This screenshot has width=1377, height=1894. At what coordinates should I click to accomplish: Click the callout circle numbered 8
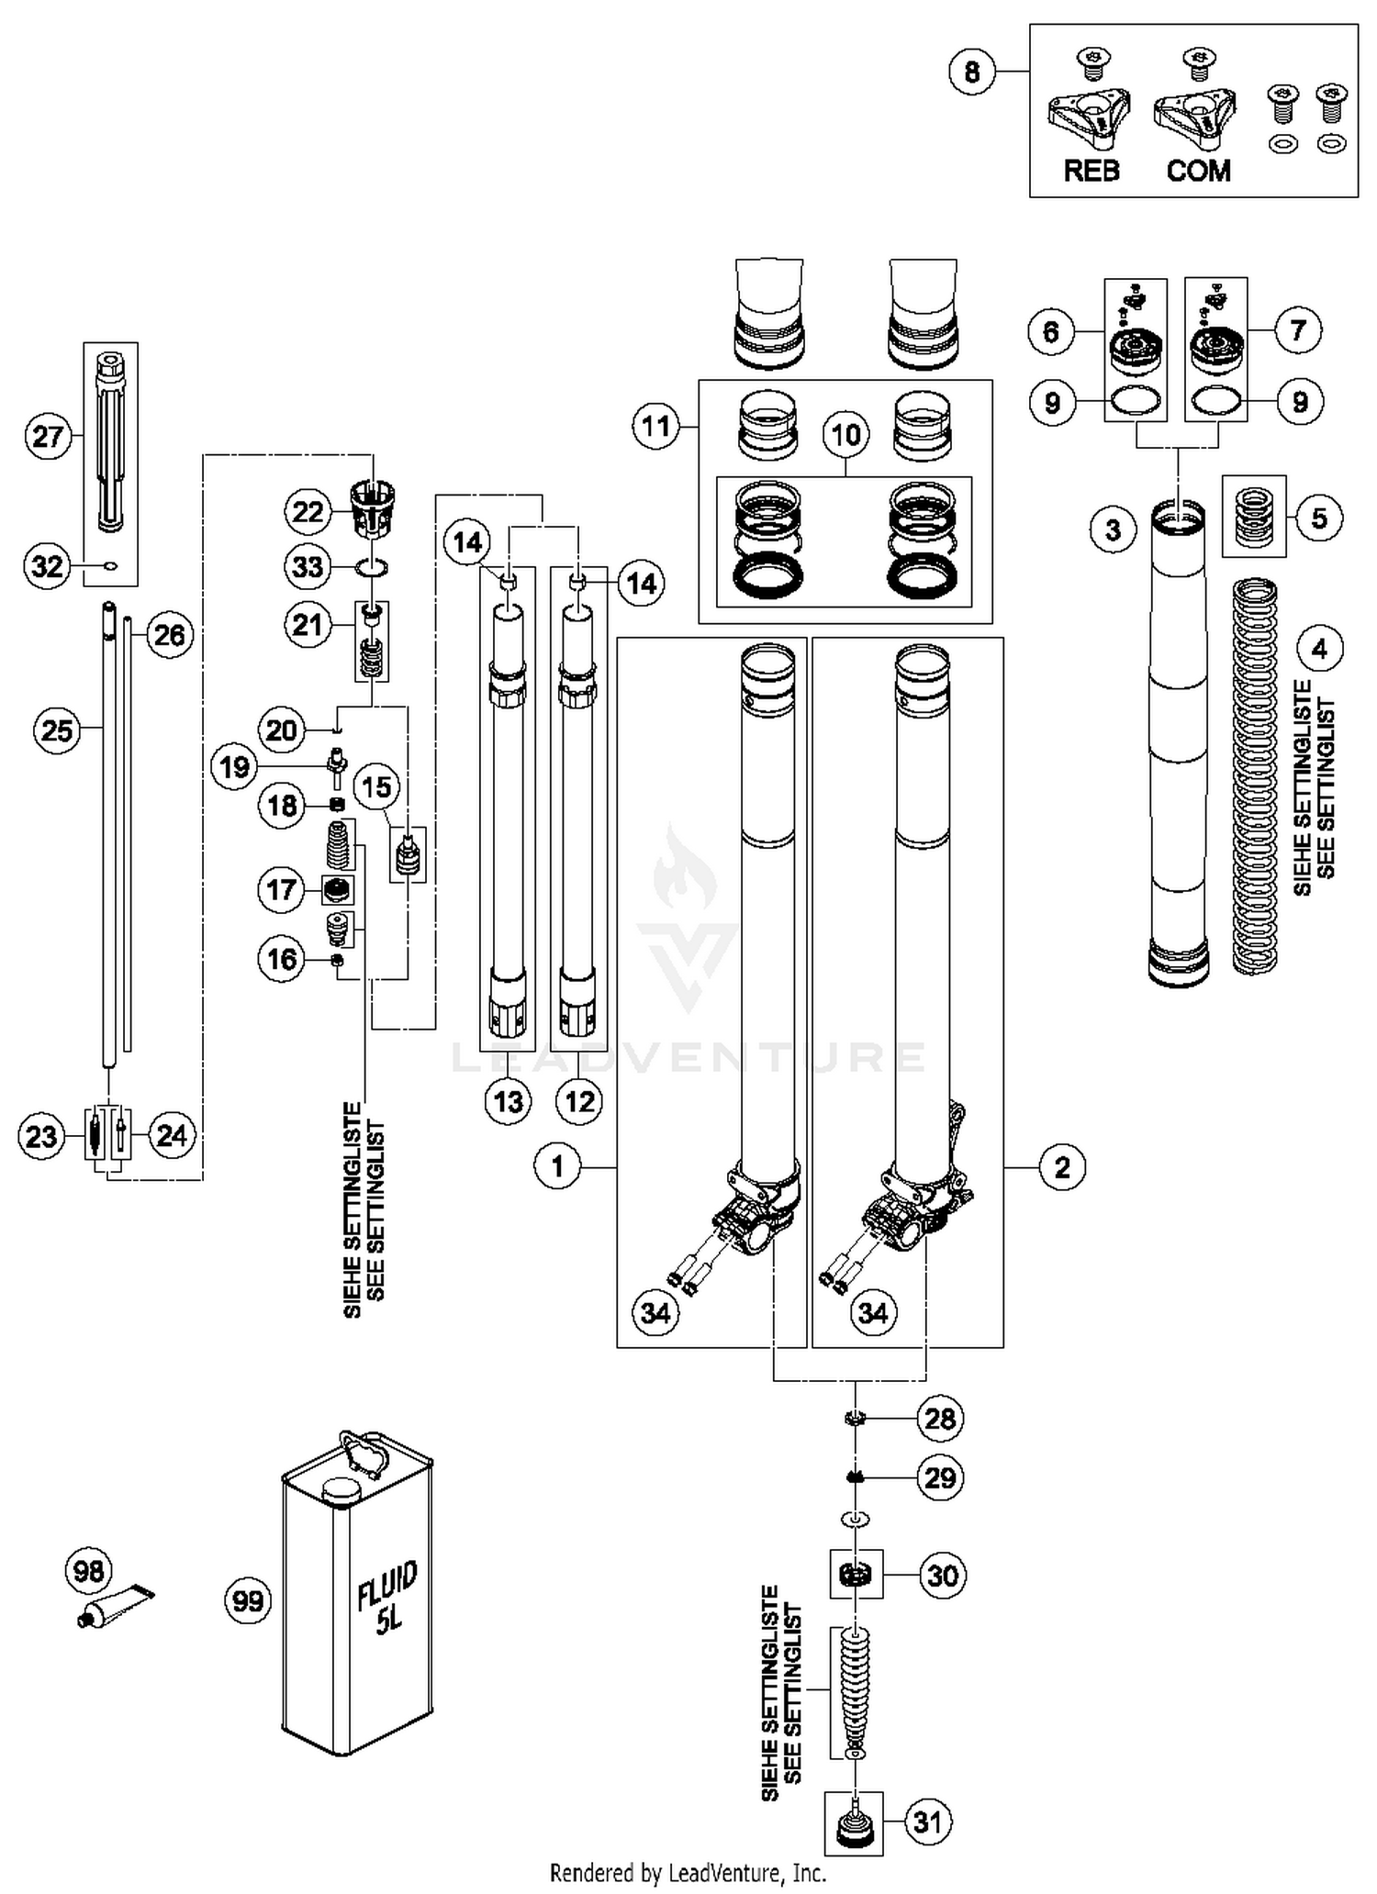[x=972, y=72]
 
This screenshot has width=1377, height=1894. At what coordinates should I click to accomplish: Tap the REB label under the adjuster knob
[x=1092, y=171]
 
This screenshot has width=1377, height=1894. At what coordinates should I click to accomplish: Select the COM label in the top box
[x=1198, y=171]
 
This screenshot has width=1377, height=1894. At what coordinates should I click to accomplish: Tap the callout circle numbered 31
[x=928, y=1822]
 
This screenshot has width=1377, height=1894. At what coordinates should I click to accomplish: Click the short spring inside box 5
[x=1253, y=517]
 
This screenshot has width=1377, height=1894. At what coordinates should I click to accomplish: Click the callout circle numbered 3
[x=1114, y=529]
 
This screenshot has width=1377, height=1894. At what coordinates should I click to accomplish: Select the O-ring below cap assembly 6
[x=1136, y=401]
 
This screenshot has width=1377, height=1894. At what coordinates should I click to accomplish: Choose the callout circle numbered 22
[x=308, y=511]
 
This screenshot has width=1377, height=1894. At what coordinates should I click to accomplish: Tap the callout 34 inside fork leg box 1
[x=655, y=1313]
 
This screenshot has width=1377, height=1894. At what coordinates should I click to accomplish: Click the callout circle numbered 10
[x=845, y=433]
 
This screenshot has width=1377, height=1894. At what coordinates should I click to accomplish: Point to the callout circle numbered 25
[x=57, y=730]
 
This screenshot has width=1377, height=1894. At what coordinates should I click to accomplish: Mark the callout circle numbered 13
[x=509, y=1100]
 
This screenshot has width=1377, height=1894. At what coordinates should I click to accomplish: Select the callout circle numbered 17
[x=282, y=889]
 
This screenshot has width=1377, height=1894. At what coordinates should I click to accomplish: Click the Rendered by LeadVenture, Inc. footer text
[x=688, y=1873]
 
